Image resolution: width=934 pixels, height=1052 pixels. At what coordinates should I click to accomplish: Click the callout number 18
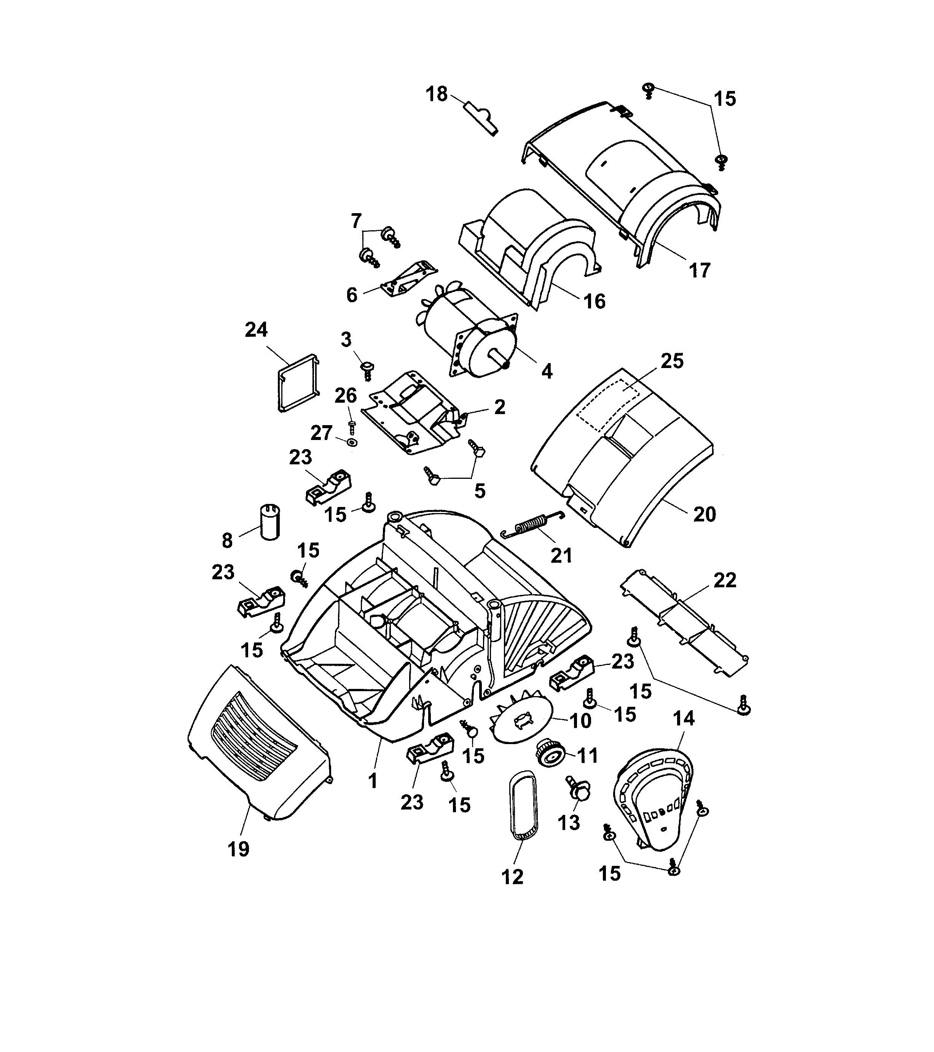tap(437, 95)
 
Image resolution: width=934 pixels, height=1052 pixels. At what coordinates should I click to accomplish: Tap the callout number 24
tap(256, 330)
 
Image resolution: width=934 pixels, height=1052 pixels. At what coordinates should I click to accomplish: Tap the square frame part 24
tap(298, 383)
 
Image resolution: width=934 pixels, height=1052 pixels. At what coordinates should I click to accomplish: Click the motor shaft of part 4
tap(497, 357)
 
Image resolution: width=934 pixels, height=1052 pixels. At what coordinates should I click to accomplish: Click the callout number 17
tap(699, 270)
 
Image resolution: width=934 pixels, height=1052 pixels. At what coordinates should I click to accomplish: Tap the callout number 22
tap(725, 580)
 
